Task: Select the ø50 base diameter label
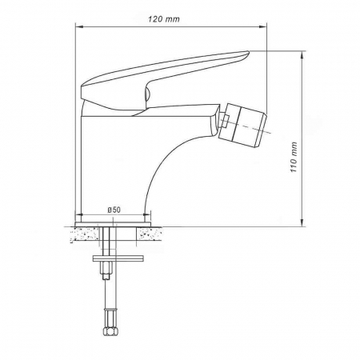point(114,210)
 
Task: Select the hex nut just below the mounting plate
point(105,276)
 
